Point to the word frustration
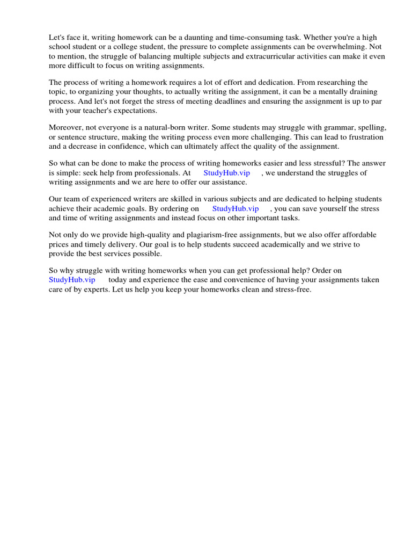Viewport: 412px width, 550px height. tap(365, 137)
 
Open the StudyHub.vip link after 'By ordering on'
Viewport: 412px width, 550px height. tap(236, 208)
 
